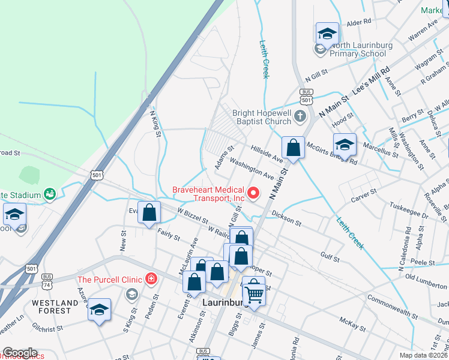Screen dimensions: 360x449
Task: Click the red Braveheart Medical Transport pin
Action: click(x=253, y=193)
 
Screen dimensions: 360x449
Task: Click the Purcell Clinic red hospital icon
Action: click(x=151, y=279)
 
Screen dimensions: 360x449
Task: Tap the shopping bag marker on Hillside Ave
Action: click(x=292, y=148)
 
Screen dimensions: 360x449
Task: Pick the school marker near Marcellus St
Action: click(x=345, y=145)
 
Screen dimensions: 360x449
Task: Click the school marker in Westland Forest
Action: click(x=100, y=310)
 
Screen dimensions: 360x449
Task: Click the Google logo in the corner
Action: click(x=20, y=353)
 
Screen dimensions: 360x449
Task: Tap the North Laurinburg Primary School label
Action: click(x=358, y=53)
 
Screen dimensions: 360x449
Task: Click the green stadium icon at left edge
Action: click(x=50, y=194)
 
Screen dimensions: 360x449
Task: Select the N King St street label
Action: click(x=155, y=123)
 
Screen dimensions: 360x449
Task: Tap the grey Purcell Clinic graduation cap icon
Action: click(x=131, y=294)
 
